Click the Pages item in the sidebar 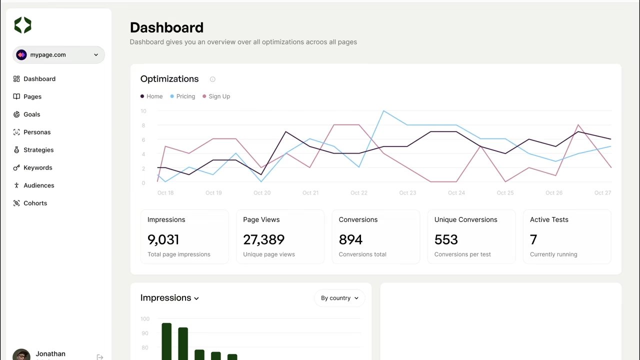(x=32, y=96)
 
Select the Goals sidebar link (x=31, y=114)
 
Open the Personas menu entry (x=36, y=132)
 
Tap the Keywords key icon (x=16, y=168)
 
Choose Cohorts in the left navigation (x=35, y=203)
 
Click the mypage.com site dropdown (x=58, y=55)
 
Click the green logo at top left (x=22, y=25)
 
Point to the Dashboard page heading (x=166, y=27)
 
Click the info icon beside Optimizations (x=212, y=79)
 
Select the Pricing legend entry (x=185, y=96)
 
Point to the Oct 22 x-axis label (x=358, y=193)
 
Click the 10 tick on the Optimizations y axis (x=143, y=111)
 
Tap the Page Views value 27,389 (x=263, y=240)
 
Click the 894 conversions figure (x=350, y=240)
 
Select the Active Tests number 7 (x=533, y=240)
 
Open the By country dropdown (x=339, y=298)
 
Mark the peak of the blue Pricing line (x=383, y=111)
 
